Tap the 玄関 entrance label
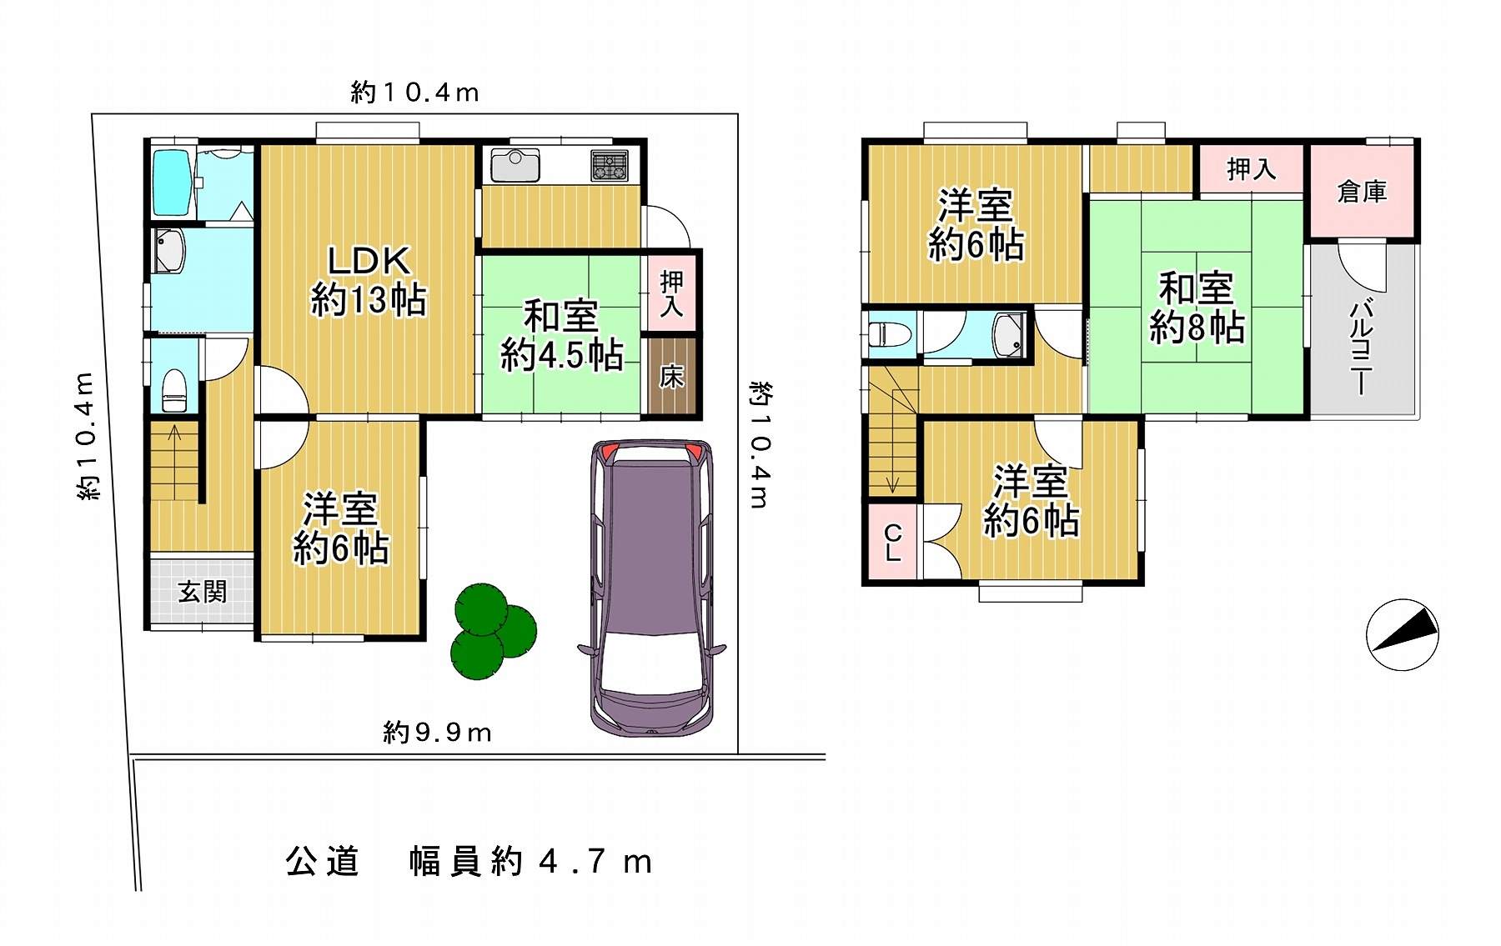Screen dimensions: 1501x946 203,592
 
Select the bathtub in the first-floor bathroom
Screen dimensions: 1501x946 173,183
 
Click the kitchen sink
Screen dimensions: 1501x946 515,164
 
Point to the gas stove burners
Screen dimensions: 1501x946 612,165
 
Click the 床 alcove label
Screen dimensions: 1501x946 671,377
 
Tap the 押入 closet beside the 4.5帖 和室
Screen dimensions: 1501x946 672,293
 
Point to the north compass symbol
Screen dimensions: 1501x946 1404,635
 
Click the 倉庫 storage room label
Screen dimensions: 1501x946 1362,192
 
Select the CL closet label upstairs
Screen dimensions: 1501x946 892,542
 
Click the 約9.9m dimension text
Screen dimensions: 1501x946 437,733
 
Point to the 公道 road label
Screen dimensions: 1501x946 322,862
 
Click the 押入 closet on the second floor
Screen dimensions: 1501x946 1252,169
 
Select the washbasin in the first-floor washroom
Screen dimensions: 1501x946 171,252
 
